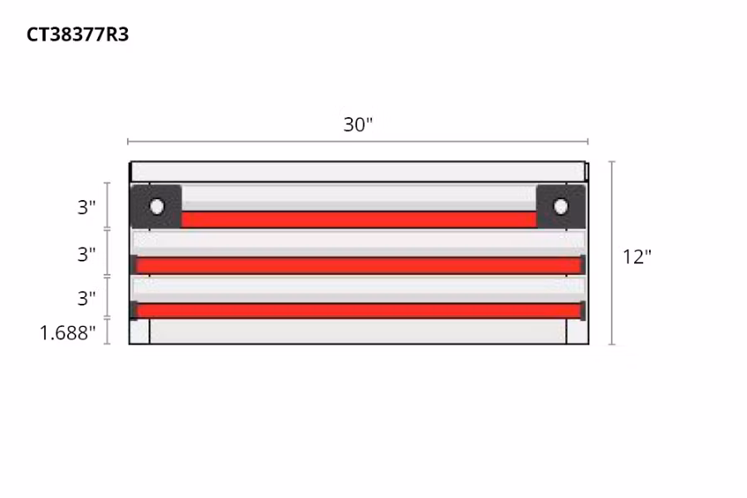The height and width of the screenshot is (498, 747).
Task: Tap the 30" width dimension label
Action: click(x=359, y=124)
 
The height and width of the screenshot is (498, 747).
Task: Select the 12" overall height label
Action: click(x=637, y=256)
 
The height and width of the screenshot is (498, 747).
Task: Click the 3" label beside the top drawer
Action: click(x=87, y=207)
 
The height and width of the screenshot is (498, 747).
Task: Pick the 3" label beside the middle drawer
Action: click(x=87, y=254)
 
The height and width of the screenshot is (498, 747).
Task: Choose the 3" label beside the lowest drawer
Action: click(x=87, y=297)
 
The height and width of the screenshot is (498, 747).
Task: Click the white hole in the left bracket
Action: click(x=156, y=207)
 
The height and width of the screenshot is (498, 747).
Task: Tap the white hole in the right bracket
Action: click(x=560, y=206)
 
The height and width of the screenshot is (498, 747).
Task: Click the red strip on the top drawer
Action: click(x=359, y=219)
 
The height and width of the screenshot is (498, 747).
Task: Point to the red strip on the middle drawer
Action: click(x=359, y=265)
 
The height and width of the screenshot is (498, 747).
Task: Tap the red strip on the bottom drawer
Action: click(x=359, y=310)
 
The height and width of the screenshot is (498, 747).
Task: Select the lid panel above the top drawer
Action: click(x=359, y=172)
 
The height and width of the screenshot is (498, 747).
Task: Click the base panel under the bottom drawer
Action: click(x=359, y=332)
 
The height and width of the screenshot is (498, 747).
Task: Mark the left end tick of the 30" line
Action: click(x=128, y=142)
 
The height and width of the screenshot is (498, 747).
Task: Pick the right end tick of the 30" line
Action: click(x=588, y=142)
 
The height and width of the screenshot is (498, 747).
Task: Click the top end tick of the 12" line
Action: click(x=612, y=162)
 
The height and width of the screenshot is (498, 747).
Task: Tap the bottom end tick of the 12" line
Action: click(x=612, y=344)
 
